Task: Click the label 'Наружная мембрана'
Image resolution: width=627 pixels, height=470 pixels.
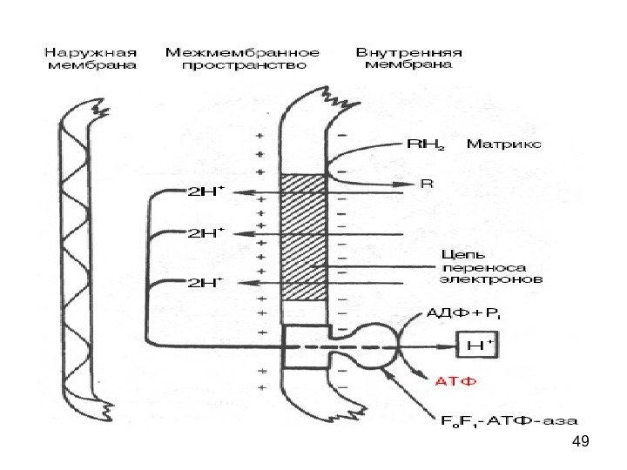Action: [x=91, y=57]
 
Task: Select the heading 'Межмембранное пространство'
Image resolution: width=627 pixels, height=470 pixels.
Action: [x=242, y=57]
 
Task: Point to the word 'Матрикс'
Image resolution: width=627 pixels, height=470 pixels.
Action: [x=504, y=142]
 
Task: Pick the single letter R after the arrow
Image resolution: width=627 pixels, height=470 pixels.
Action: [x=427, y=185]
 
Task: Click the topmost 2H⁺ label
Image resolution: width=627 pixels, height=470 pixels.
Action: [x=206, y=192]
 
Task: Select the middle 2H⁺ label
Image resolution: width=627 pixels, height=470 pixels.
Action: [x=206, y=233]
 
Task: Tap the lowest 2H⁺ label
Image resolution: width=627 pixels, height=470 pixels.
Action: [x=206, y=282]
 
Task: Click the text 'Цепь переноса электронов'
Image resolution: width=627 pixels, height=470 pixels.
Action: [x=489, y=267]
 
